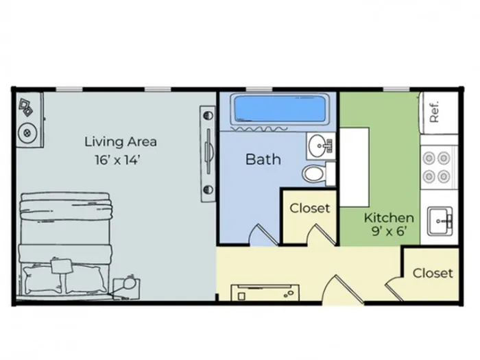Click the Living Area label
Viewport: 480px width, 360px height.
(x=121, y=142)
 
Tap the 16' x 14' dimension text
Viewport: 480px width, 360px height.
(x=117, y=160)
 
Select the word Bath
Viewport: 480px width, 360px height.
(x=263, y=159)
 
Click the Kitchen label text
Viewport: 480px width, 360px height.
(x=389, y=217)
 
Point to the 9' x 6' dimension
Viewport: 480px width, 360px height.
(x=389, y=231)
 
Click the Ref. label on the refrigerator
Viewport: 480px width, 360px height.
(x=434, y=112)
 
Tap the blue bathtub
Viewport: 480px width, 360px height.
(x=280, y=109)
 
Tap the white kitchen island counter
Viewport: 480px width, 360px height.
(x=355, y=167)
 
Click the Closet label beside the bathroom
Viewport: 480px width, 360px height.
(x=310, y=208)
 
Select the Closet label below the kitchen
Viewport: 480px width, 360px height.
(x=433, y=273)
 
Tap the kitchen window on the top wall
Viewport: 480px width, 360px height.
(x=396, y=89)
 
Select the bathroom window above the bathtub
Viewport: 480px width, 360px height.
(x=259, y=89)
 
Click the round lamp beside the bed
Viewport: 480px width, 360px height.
(x=130, y=284)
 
